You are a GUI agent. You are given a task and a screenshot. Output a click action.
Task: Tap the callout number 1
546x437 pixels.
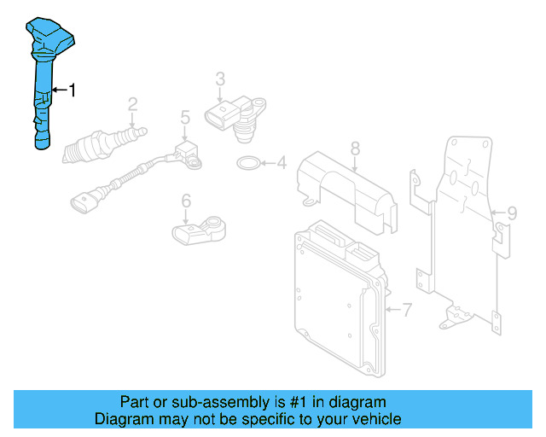pyautogui.click(x=73, y=90)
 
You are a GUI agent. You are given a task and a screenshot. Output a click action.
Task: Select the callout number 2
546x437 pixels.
pyautogui.click(x=133, y=105)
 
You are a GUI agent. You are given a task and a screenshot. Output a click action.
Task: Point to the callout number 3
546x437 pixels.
pyautogui.click(x=220, y=79)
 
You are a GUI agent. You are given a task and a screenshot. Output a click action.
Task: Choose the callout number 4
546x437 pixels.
pyautogui.click(x=280, y=162)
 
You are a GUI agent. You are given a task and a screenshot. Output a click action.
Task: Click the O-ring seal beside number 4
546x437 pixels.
pyautogui.click(x=247, y=162)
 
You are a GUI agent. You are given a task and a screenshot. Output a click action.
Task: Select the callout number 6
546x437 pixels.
pyautogui.click(x=185, y=201)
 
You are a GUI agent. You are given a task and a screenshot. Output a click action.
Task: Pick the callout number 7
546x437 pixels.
pyautogui.click(x=407, y=309)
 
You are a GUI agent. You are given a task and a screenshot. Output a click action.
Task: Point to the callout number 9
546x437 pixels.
pyautogui.click(x=512, y=213)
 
